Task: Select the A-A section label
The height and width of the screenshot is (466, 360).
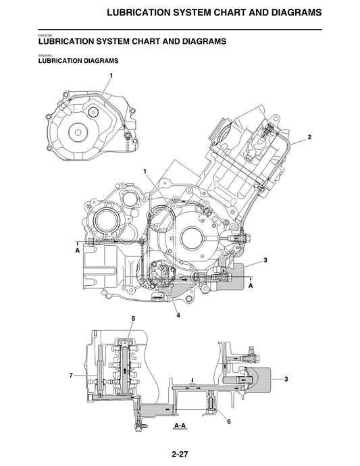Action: (x=180, y=426)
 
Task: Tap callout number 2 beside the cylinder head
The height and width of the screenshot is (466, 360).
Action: (x=309, y=137)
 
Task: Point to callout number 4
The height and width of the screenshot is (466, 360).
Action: (x=178, y=314)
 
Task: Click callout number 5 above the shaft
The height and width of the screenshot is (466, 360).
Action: (x=133, y=318)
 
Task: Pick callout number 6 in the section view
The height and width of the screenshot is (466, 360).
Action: (x=229, y=421)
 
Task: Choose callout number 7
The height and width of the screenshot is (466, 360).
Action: (x=70, y=374)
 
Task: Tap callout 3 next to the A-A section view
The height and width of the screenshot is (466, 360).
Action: (x=286, y=380)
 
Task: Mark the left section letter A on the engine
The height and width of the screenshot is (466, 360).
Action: (x=78, y=251)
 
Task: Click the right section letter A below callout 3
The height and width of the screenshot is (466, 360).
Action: (x=251, y=286)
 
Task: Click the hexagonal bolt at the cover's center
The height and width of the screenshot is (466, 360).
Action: (x=79, y=130)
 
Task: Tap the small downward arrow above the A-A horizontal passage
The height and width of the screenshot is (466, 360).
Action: (x=192, y=380)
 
